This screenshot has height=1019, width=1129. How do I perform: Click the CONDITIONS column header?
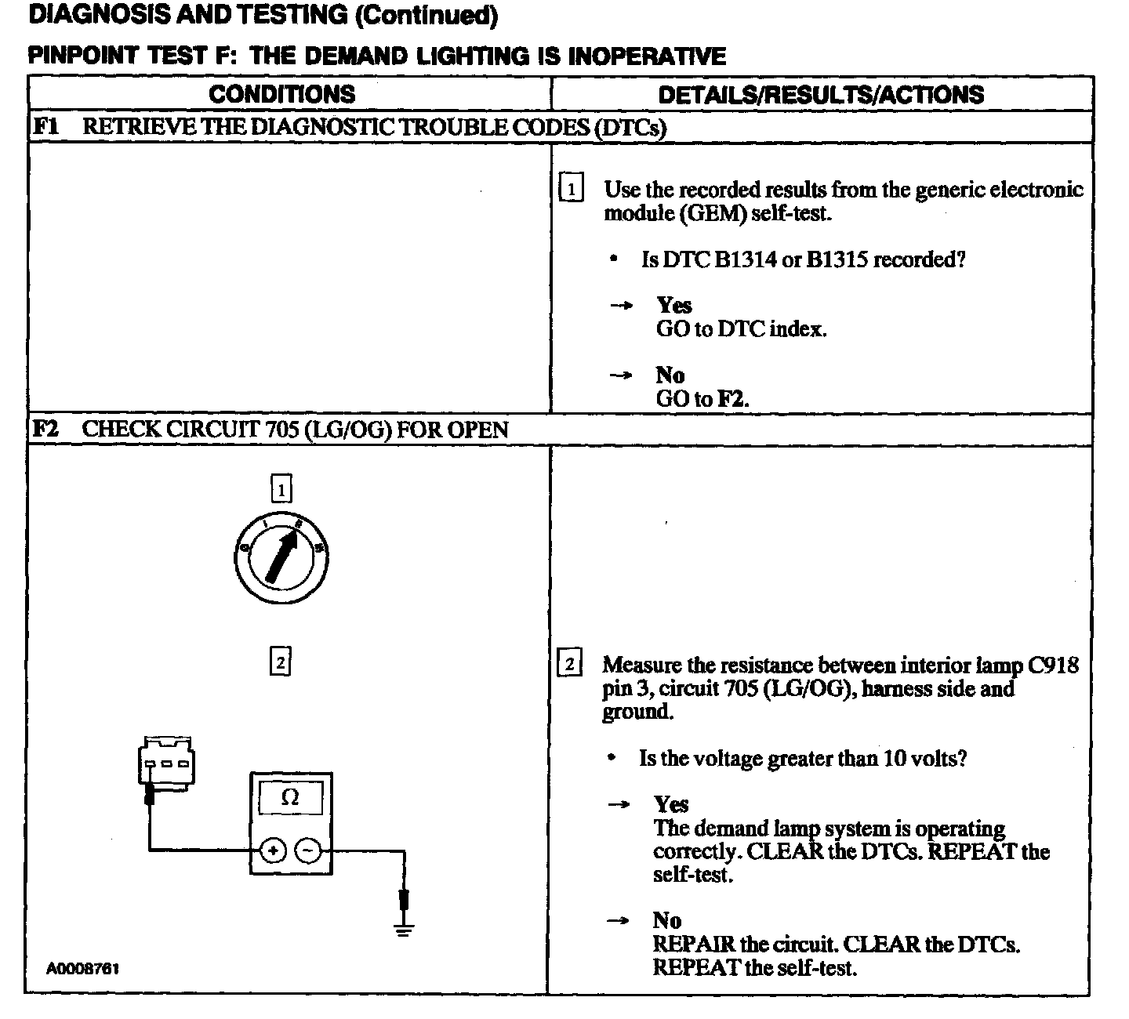click(x=281, y=94)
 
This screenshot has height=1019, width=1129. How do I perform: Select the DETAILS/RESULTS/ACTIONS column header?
click(x=821, y=95)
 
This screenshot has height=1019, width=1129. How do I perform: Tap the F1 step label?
click(x=46, y=126)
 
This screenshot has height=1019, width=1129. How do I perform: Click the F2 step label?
click(x=45, y=429)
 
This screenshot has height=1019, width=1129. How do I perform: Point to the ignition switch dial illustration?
click(x=281, y=557)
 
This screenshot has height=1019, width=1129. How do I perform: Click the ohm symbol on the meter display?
click(x=290, y=798)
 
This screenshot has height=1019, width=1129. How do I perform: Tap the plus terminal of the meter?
click(x=273, y=850)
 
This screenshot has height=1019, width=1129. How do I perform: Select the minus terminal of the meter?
click(x=308, y=850)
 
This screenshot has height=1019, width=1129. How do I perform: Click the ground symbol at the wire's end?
click(x=404, y=930)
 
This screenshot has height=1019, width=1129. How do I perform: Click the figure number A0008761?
click(x=82, y=969)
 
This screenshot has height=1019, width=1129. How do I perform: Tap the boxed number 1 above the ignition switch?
click(x=281, y=490)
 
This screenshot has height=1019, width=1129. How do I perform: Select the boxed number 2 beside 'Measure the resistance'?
click(x=569, y=664)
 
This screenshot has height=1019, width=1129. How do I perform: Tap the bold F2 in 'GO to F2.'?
click(x=732, y=399)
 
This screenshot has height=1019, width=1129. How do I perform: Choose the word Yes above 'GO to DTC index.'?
click(x=674, y=305)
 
